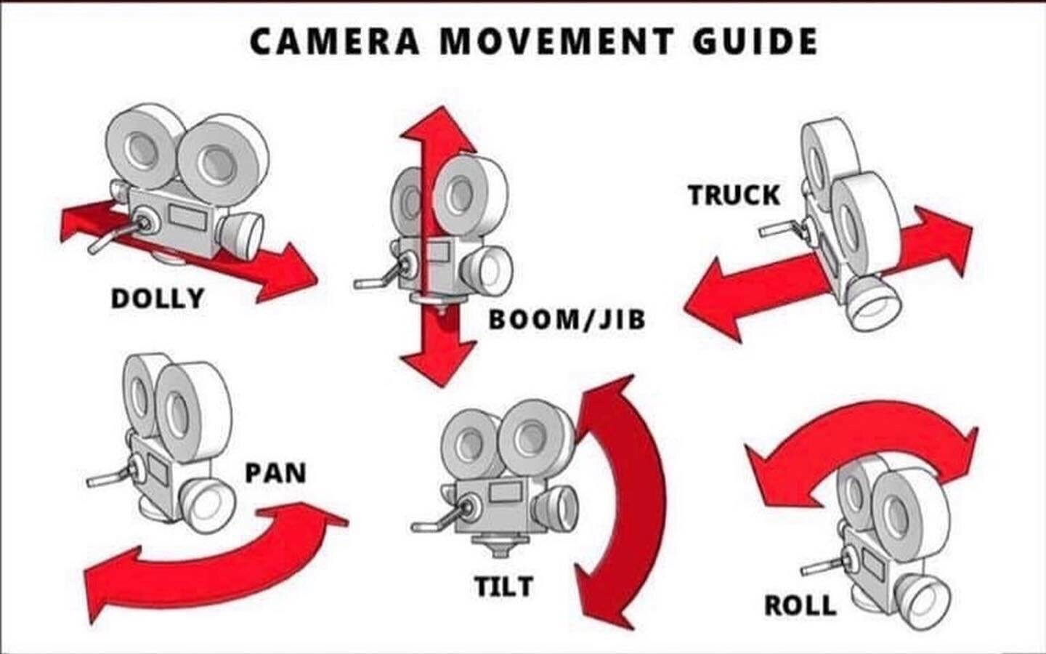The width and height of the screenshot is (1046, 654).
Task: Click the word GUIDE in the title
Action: coord(755,41)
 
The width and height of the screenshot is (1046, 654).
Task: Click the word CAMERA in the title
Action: coord(335,41)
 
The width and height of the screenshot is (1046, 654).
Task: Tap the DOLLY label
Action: coord(157,298)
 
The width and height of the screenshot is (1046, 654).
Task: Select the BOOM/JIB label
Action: coord(567,319)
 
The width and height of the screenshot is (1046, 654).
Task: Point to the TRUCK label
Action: coord(734,195)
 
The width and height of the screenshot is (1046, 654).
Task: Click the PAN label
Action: coord(275,472)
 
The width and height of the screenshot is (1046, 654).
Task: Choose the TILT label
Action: coord(503,586)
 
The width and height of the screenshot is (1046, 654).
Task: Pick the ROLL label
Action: coord(800,605)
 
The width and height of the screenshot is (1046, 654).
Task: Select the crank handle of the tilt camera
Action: coord(436,520)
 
